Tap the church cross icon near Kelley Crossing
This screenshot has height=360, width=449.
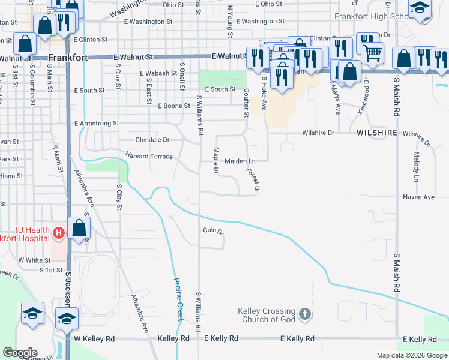305,314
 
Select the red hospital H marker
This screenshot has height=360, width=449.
59,232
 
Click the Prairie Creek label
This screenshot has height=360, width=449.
178,299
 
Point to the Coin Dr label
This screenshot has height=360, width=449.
213,230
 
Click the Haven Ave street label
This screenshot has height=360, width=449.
418,197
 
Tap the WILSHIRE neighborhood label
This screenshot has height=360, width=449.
377,132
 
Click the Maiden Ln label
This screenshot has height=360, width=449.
240,161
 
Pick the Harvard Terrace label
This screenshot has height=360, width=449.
149,157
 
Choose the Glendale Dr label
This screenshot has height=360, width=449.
152,139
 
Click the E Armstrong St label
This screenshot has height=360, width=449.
97,123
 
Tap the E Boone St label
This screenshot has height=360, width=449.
174,106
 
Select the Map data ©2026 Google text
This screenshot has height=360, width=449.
411,355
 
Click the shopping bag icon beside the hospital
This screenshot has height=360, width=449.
79,228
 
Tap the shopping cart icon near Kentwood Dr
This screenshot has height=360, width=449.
372,53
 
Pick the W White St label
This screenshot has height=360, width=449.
34,260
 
